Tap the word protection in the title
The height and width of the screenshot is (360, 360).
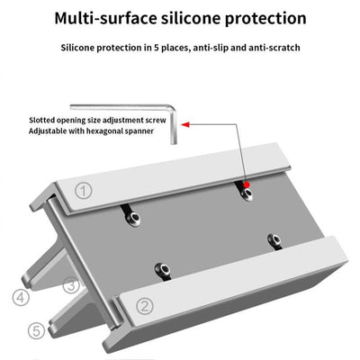click(x=262, y=18)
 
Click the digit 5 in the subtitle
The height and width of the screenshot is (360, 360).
click(x=143, y=47)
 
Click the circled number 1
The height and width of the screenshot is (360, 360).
click(x=83, y=191)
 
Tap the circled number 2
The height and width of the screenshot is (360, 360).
click(x=144, y=305)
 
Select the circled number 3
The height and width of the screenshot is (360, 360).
click(x=71, y=286)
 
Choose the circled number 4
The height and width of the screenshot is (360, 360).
click(x=19, y=295)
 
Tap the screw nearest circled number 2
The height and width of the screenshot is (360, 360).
click(x=161, y=268)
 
